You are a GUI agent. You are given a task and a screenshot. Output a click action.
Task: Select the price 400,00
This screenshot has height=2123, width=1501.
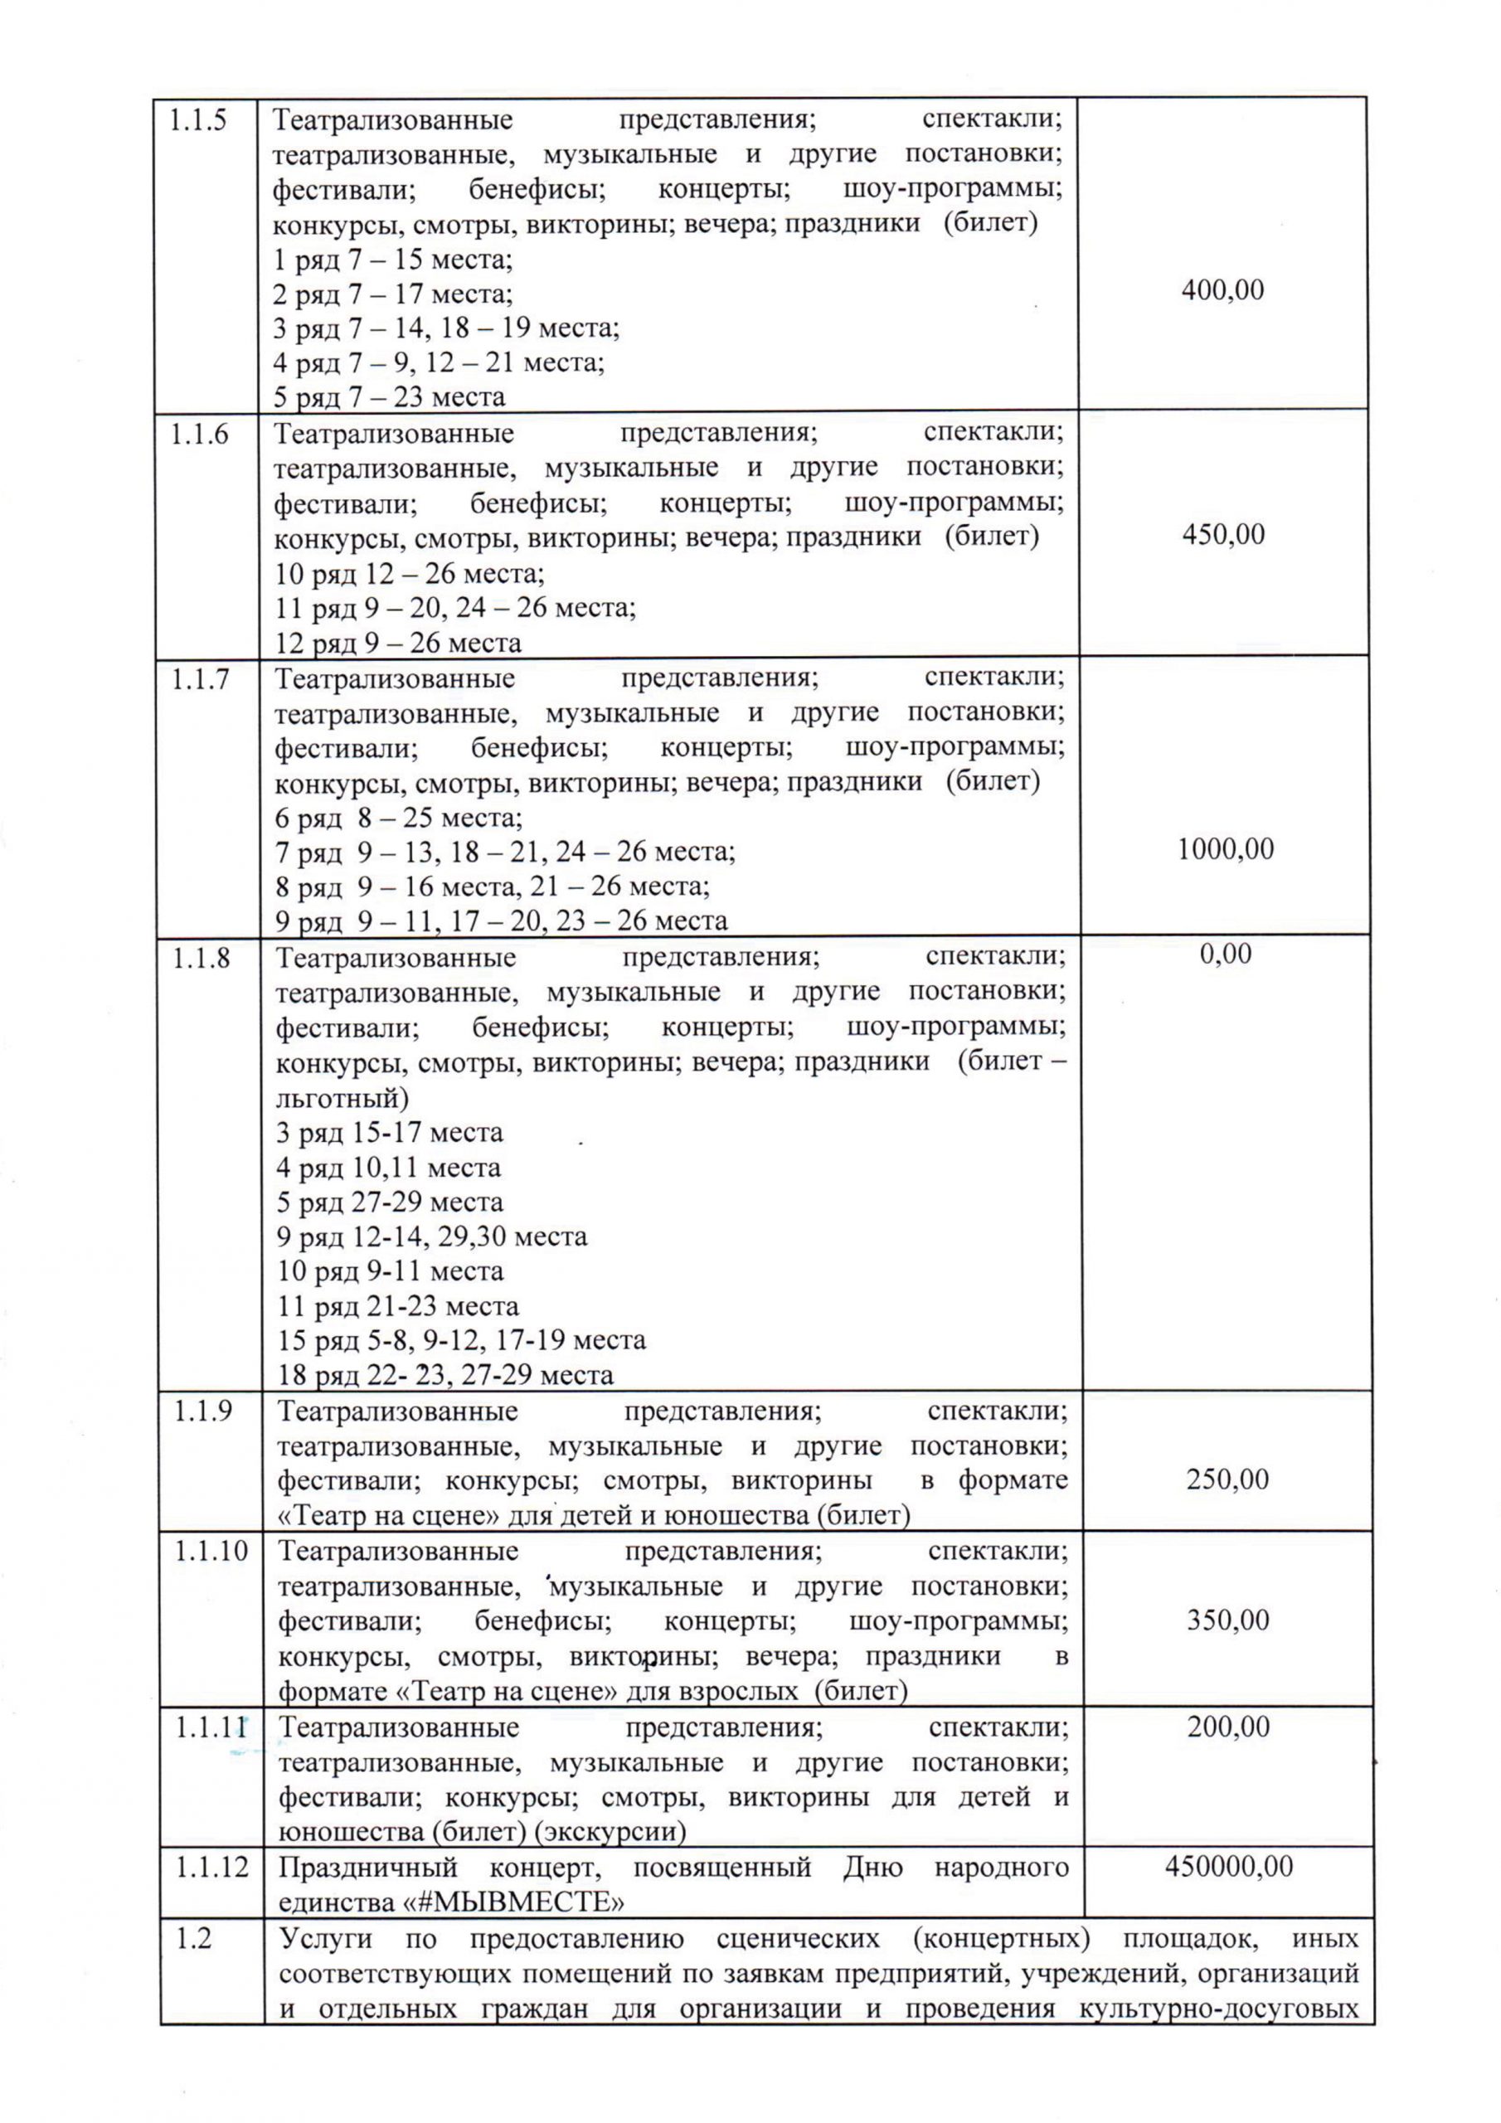pos(1222,290)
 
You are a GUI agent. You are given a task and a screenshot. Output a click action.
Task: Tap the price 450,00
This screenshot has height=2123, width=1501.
pos(1222,534)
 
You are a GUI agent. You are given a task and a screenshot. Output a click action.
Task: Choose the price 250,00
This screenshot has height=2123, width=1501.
pos(1227,1479)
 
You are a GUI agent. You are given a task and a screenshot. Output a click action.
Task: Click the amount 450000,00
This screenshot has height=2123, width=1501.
pos(1228,1866)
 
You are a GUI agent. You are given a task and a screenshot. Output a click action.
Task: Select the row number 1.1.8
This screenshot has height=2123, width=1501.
pos(201,958)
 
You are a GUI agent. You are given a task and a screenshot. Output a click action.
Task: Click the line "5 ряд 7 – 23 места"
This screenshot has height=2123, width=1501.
pos(390,397)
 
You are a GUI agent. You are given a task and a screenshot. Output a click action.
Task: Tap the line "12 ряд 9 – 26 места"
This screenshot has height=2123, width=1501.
pos(398,643)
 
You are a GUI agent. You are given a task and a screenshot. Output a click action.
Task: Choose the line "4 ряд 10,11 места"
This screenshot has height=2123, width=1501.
pos(388,1167)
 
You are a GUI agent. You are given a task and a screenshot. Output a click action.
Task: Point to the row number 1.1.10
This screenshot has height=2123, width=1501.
pos(211,1551)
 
